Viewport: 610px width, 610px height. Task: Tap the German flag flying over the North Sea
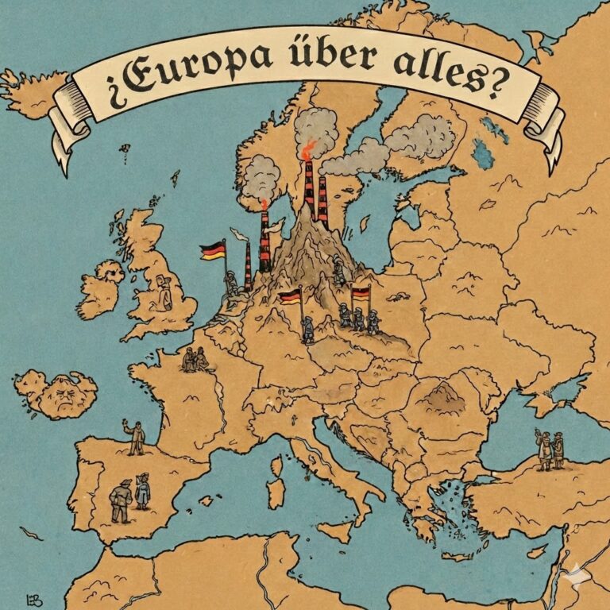[x=211, y=251]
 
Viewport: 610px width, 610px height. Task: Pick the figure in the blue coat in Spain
[x=143, y=492]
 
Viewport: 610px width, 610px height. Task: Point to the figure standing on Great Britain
[x=165, y=292]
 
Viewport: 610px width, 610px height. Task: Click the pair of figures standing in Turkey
[x=550, y=450]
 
